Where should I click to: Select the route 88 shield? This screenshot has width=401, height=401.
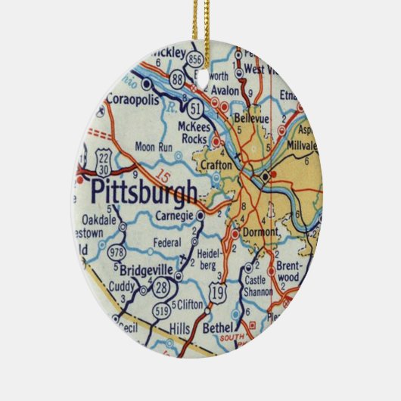[x=177, y=79]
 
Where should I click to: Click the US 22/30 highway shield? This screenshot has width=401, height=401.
[x=104, y=160]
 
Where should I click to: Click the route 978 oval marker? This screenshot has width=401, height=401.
[x=117, y=252]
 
